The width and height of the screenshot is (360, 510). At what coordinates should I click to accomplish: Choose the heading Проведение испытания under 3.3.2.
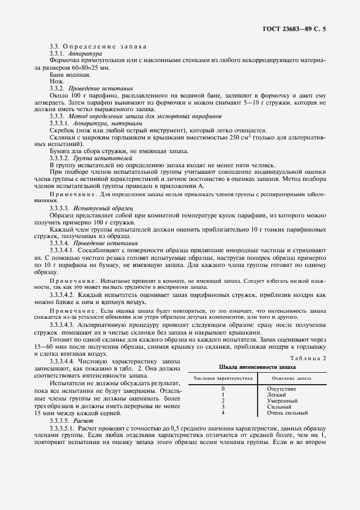100,87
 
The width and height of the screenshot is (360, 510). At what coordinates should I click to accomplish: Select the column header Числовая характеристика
223,378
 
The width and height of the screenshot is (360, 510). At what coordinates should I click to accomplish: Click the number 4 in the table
223,413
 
